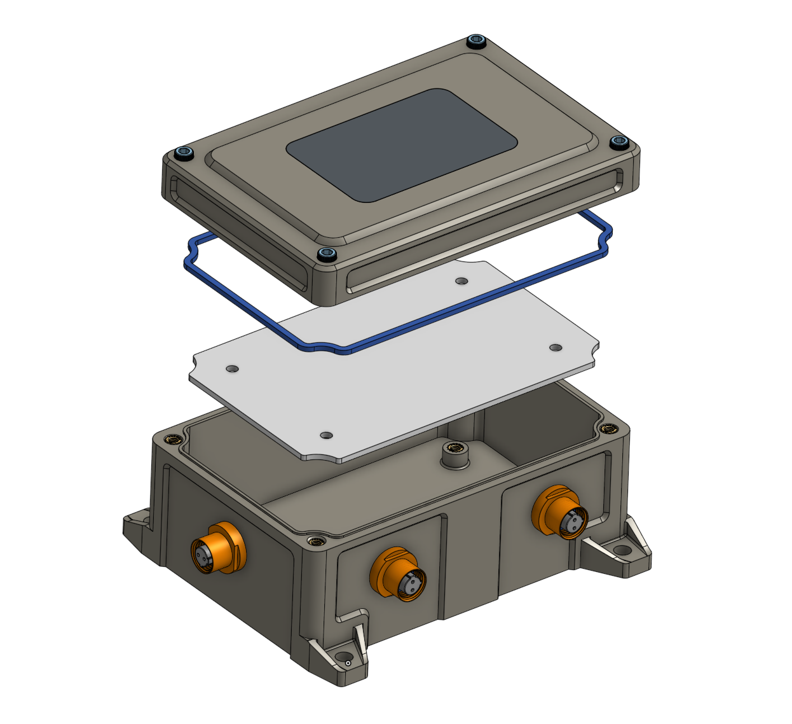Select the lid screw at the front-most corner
tap(326, 254)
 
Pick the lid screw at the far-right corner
tap(618, 142)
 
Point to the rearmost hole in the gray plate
tap(462, 281)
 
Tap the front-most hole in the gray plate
tap(326, 436)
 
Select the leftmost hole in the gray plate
tap(232, 369)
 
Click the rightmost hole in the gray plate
tap(556, 347)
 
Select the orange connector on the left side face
tap(217, 548)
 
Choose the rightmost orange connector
tap(561, 512)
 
